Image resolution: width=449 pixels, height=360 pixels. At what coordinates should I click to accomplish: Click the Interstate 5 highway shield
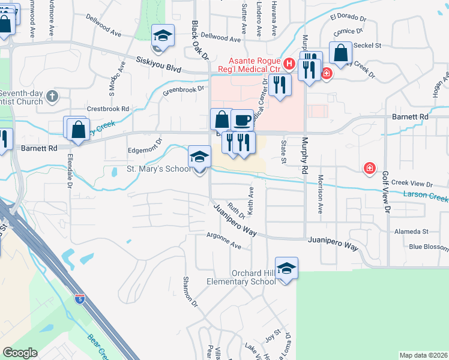click(80, 298)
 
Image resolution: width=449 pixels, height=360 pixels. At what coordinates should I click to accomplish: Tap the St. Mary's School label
click(158, 169)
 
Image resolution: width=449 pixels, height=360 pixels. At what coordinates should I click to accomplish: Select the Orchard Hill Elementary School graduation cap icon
click(287, 268)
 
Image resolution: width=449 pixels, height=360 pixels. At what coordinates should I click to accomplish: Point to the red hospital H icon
click(289, 62)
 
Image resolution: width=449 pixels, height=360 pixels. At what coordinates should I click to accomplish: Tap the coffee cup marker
click(242, 121)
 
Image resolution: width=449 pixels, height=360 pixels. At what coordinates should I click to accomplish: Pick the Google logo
click(20, 353)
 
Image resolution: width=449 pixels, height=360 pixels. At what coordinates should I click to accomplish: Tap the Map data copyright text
click(423, 355)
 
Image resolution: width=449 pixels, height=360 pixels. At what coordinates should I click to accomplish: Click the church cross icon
click(52, 95)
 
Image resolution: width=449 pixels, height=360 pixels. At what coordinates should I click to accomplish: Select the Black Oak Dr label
click(199, 41)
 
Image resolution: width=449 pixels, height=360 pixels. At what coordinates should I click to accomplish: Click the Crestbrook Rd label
click(108, 109)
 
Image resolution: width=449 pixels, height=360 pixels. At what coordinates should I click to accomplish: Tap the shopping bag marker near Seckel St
click(340, 53)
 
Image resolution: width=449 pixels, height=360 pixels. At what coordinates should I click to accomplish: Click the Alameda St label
click(411, 231)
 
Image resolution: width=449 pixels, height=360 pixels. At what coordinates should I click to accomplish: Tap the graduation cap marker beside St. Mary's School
click(199, 158)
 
